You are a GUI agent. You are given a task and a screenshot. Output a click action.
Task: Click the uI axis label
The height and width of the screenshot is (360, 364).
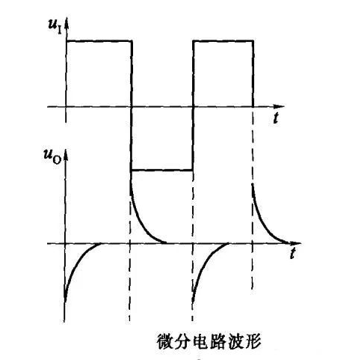[55, 27]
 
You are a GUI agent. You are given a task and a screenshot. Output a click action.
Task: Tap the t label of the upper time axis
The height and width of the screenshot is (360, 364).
[275, 118]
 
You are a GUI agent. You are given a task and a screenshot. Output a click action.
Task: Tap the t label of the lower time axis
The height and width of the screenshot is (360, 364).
[293, 254]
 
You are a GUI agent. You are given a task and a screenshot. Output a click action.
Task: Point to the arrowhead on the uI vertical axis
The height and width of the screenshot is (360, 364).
[67, 23]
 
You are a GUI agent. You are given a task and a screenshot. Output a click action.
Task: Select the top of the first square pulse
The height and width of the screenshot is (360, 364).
[99, 40]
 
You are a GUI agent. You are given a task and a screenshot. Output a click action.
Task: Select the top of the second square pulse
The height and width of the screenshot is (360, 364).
[223, 40]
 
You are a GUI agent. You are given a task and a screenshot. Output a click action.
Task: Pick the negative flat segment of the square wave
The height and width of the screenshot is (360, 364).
[162, 170]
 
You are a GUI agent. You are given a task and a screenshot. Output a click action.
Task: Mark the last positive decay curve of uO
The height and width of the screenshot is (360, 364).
[268, 225]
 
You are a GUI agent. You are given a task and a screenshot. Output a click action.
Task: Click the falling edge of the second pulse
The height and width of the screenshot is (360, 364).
[253, 73]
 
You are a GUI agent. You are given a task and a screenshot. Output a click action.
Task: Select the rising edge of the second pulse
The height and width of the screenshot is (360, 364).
[193, 105]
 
